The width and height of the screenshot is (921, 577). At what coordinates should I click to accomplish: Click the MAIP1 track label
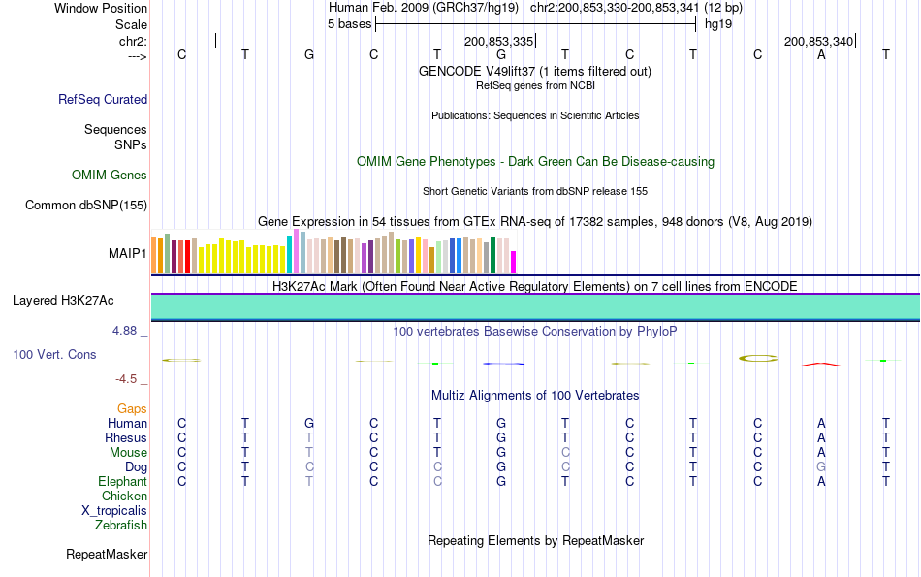[127, 254]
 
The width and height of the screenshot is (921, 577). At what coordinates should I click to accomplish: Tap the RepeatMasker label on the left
[107, 555]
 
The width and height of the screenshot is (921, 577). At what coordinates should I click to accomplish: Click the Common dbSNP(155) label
[86, 205]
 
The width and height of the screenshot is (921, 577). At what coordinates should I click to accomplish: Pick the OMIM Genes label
[110, 176]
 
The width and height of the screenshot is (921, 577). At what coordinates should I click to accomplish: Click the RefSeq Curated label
[103, 99]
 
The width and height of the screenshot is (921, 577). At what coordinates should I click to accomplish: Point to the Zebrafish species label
[121, 526]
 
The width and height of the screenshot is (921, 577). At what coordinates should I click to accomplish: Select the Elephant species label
[122, 482]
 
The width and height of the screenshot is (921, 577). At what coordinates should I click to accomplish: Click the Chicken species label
[124, 497]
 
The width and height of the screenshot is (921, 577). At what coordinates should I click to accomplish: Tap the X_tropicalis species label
[114, 511]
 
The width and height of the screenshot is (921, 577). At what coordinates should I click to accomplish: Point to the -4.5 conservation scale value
[128, 379]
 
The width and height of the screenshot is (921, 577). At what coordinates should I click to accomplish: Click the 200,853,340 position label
[818, 42]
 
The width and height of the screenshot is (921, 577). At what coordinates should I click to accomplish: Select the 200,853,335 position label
[498, 42]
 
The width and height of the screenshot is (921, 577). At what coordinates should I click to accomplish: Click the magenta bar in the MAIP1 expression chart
[514, 263]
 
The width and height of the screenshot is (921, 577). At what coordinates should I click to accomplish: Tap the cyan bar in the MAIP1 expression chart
[289, 254]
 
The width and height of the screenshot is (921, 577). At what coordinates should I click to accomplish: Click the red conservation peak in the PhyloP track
[820, 364]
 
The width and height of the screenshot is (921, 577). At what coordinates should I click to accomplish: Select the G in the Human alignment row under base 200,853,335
[501, 424]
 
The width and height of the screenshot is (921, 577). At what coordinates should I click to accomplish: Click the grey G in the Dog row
[821, 467]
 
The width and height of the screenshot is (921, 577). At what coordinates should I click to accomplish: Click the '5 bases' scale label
[349, 23]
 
